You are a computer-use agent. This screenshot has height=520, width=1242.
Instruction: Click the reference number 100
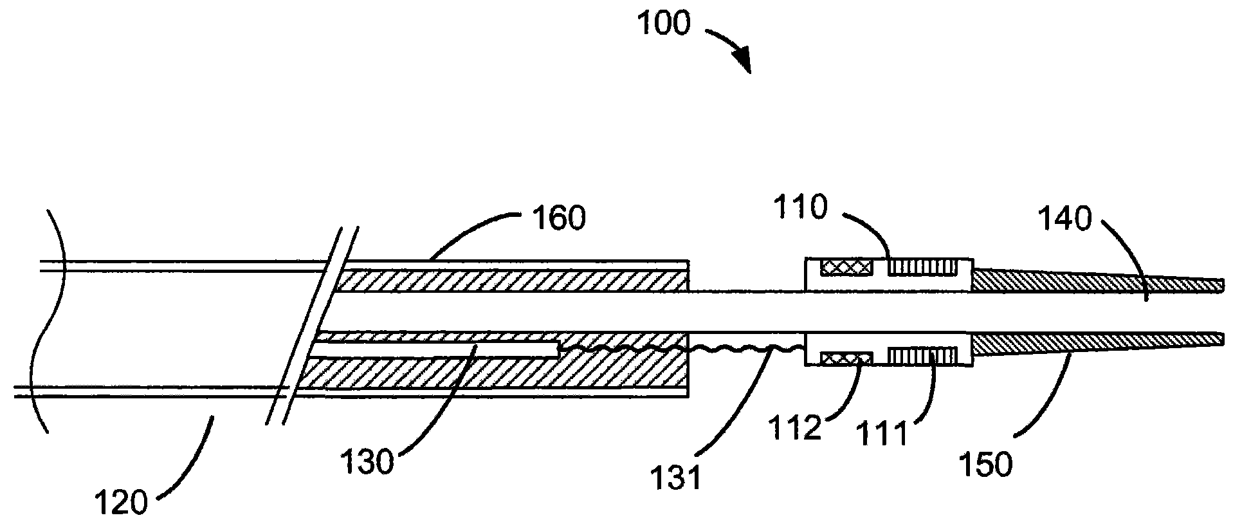664,23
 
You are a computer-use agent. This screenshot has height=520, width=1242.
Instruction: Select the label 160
557,219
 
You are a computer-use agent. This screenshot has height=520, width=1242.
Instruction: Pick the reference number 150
985,464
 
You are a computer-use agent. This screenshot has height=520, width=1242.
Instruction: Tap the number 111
884,434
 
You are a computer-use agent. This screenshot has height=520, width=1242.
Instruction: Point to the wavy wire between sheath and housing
746,349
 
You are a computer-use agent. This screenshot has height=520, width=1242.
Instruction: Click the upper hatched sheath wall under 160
515,281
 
